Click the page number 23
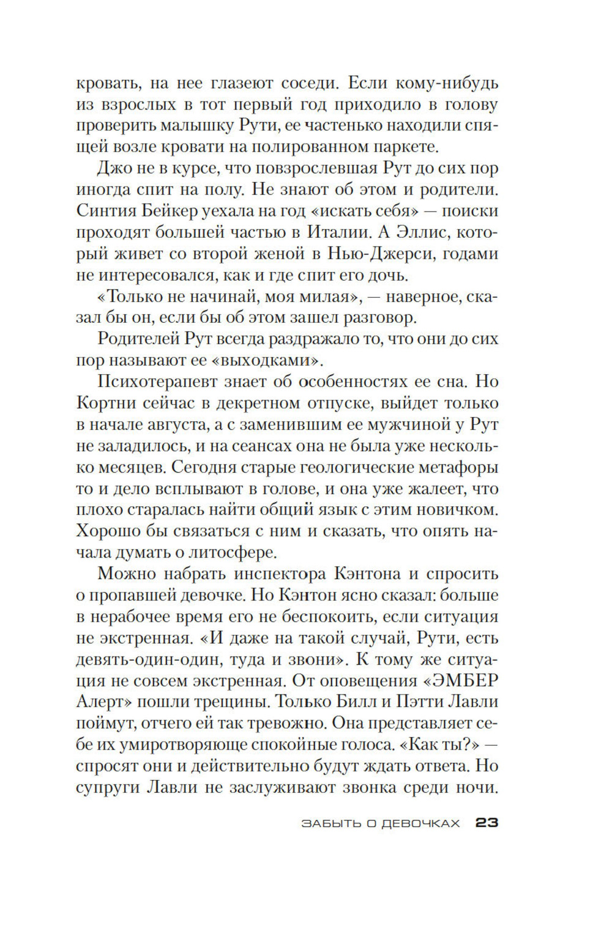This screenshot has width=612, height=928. click(487, 823)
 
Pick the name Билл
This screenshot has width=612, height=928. click(386, 702)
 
